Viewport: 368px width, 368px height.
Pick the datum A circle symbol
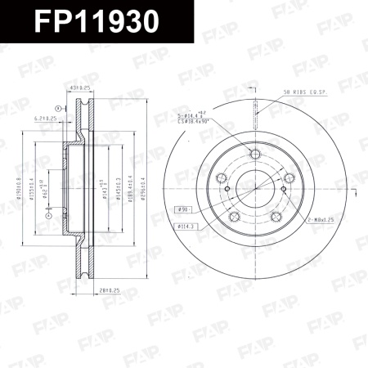[x=58, y=108]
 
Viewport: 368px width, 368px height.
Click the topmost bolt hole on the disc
[x=254, y=154]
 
